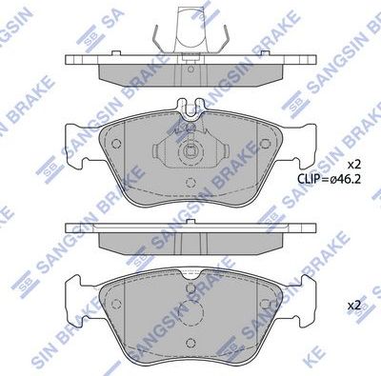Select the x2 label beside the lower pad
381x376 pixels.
[352, 306]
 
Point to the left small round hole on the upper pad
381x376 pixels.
[116, 145]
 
